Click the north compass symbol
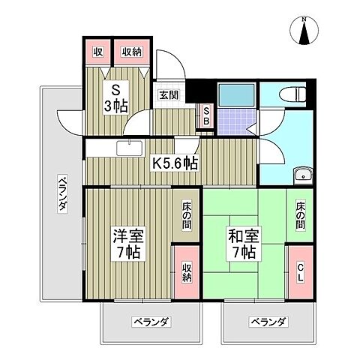(305, 31)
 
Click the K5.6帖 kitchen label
(175, 163)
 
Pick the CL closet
(299, 272)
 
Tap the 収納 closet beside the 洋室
(187, 272)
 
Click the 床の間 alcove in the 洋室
(187, 216)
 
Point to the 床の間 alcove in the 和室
(299, 216)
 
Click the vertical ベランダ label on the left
(64, 193)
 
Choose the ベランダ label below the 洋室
(151, 322)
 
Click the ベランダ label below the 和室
(268, 322)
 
